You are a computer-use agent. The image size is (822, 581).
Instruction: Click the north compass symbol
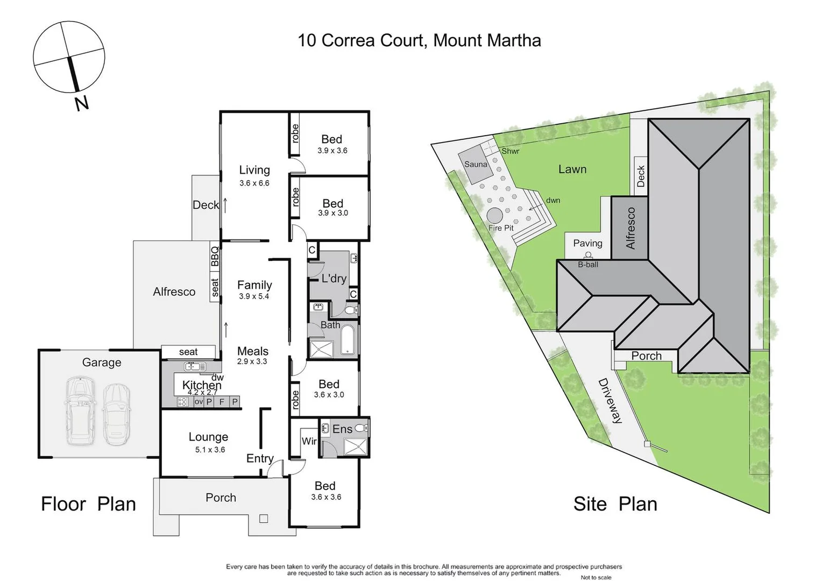69,57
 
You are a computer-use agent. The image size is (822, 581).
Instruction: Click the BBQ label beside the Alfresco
215,256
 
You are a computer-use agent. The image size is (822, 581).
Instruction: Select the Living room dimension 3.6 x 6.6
254,183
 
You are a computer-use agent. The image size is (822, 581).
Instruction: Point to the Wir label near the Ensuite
309,441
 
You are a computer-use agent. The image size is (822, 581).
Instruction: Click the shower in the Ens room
355,447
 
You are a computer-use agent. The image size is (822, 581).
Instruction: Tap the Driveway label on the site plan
610,401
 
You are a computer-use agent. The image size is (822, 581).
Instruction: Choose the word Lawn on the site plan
572,169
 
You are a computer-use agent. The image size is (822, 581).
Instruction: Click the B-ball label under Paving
587,265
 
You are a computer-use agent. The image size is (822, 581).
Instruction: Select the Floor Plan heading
88,504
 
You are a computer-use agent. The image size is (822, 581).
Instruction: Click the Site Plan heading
615,504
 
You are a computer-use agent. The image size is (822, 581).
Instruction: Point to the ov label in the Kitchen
199,401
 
